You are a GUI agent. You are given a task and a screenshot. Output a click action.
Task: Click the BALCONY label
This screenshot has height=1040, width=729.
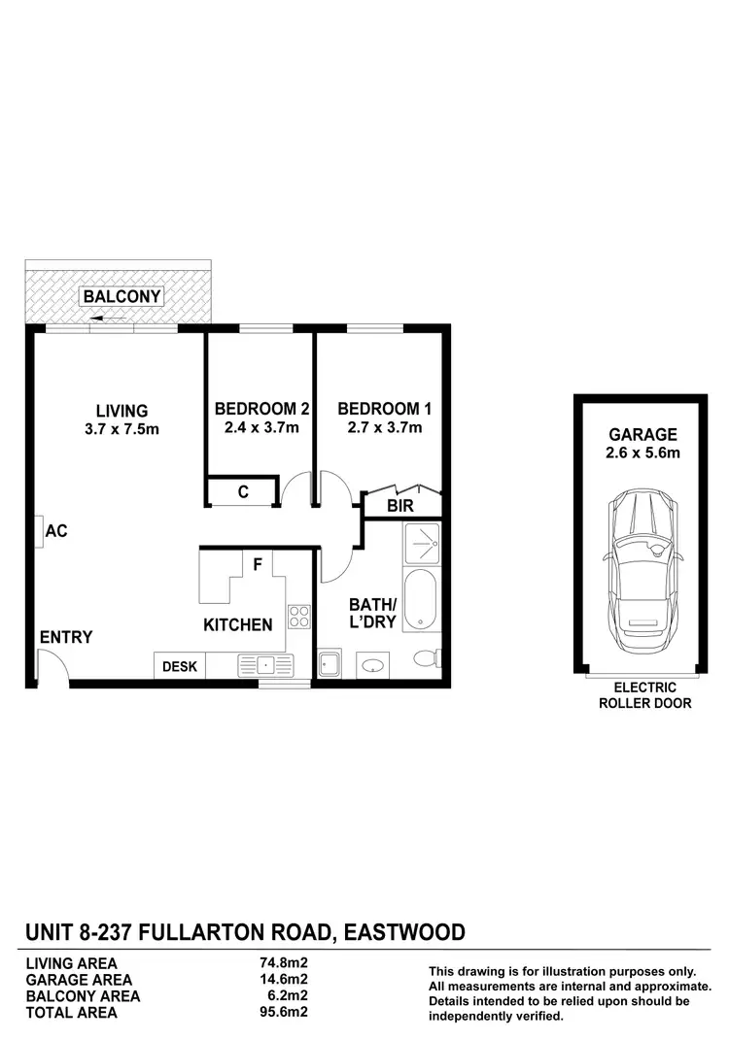pyautogui.click(x=122, y=296)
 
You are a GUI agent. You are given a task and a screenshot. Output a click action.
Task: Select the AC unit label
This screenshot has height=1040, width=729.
pyautogui.click(x=56, y=531)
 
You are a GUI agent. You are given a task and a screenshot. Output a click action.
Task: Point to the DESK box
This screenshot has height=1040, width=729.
pyautogui.click(x=180, y=666)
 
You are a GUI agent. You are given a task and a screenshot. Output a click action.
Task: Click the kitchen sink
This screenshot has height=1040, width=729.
pyautogui.click(x=264, y=666)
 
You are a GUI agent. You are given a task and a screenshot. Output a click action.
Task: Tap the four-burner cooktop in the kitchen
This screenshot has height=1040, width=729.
pyautogui.click(x=298, y=616)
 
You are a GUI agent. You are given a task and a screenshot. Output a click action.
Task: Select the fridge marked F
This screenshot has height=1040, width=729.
pyautogui.click(x=258, y=564)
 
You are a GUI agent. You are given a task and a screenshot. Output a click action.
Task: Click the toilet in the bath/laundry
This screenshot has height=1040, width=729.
pyautogui.click(x=428, y=659)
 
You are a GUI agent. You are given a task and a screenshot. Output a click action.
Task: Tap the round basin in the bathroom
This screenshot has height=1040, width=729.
pyautogui.click(x=372, y=667)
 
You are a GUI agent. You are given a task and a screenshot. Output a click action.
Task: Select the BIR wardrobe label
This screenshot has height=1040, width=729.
pyautogui.click(x=399, y=506)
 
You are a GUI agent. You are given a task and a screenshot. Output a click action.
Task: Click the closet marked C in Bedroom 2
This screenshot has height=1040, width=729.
pyautogui.click(x=243, y=492)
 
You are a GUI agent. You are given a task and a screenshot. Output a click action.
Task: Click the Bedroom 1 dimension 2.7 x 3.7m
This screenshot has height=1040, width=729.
pyautogui.click(x=384, y=427)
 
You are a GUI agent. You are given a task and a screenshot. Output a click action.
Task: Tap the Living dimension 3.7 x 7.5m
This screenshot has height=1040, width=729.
pyautogui.click(x=121, y=429)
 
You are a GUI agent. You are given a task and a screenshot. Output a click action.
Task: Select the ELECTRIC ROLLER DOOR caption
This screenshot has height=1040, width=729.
pyautogui.click(x=644, y=695)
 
